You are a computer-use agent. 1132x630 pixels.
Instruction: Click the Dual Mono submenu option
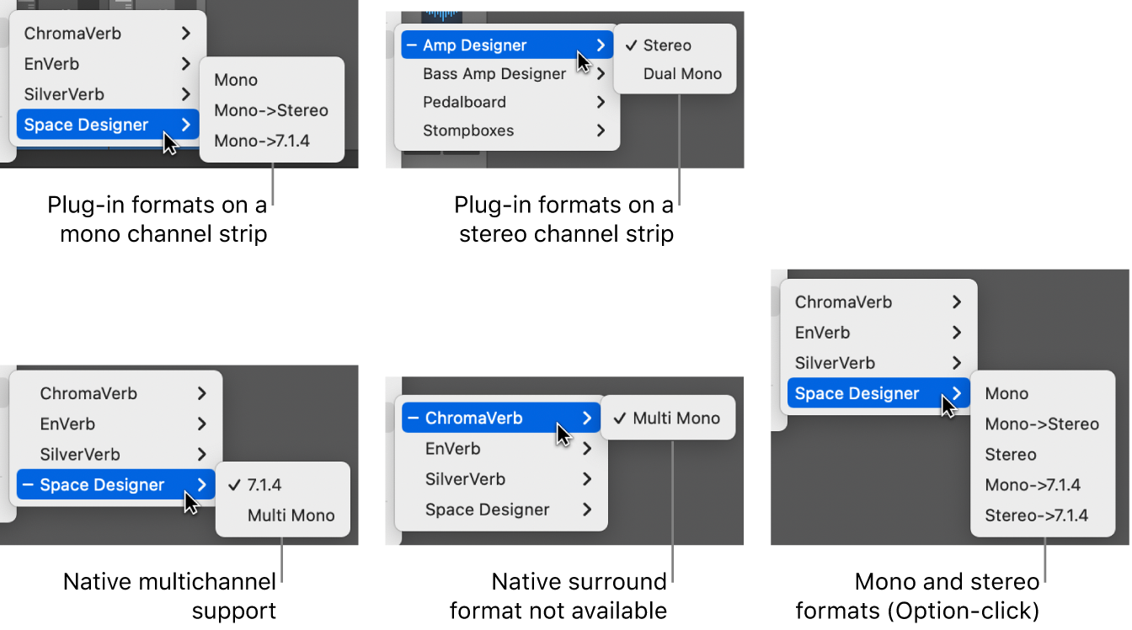coord(682,74)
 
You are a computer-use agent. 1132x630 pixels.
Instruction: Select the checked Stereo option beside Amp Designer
coord(666,45)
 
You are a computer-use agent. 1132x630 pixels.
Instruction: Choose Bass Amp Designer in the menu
coord(494,74)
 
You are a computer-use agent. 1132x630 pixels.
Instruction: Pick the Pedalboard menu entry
coord(464,103)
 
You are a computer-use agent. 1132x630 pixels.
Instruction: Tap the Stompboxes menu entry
coord(468,131)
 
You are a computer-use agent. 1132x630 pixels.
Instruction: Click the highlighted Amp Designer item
coord(474,45)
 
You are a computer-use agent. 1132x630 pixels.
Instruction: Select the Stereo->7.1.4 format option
coord(1036,515)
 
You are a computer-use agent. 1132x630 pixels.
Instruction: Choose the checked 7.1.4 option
coord(264,485)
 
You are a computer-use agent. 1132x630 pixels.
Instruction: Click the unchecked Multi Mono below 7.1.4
coord(291,515)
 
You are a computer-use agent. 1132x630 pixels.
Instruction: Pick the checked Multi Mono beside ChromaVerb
coord(675,419)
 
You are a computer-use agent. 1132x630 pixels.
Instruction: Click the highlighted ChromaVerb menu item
coord(473,419)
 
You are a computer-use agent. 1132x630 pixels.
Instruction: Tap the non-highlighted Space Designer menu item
coord(487,510)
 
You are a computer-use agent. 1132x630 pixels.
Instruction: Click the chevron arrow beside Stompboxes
coord(601,131)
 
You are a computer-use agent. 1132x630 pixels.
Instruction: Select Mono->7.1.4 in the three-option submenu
coord(262,141)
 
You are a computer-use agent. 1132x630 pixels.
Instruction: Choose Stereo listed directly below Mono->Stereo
coord(1010,455)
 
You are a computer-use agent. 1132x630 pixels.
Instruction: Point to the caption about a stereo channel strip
coord(565,219)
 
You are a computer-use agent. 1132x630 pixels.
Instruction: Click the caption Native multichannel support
coord(171,595)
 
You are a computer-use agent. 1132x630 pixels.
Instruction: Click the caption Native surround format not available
coord(559,595)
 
